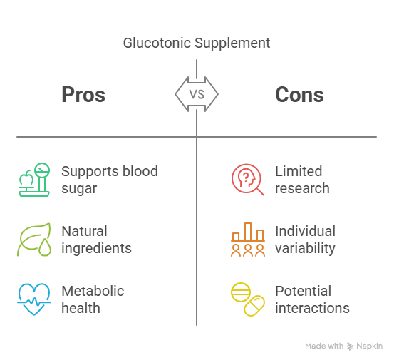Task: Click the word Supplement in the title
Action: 232,43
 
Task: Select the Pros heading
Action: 83,95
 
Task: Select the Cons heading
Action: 299,95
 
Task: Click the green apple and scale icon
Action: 34,180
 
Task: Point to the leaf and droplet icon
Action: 34,240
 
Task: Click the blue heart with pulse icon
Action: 34,299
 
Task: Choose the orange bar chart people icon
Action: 248,240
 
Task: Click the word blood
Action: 140,171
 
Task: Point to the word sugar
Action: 79,189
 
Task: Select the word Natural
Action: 84,231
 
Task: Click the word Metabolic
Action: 93,291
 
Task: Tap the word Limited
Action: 299,171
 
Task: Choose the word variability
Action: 306,249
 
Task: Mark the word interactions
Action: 312,308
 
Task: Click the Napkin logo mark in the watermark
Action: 350,346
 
